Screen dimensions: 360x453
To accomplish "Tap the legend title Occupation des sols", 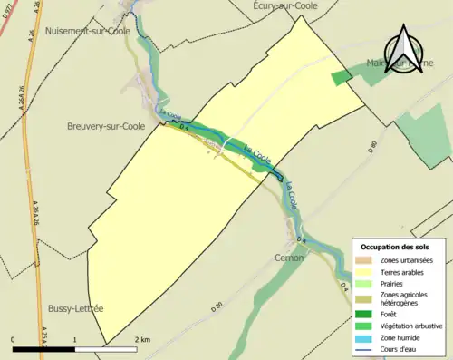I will coord(395,247).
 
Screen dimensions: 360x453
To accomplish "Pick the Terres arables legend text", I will coord(404,271).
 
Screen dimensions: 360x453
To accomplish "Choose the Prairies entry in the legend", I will coord(396,283).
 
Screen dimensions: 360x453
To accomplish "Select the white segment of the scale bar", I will coord(106,347).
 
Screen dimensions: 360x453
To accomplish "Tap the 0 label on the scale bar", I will coord(14,339).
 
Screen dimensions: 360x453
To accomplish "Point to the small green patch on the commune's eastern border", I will coord(340,78).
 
